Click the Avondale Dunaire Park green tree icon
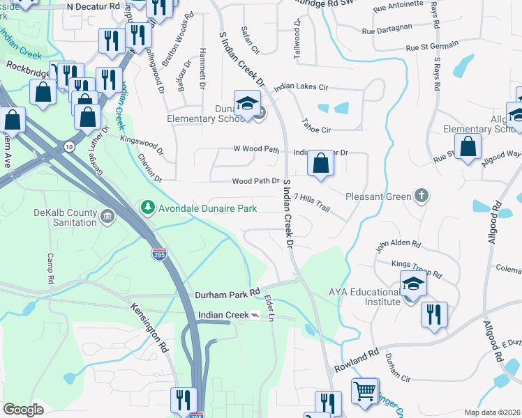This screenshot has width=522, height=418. point(147,208)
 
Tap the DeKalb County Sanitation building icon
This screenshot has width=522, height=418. point(107,217)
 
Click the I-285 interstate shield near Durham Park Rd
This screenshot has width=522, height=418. point(159,254)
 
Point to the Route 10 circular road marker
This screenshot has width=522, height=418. point(68,146)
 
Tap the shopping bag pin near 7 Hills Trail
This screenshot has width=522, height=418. point(320,163)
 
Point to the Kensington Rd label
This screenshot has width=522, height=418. point(149,325)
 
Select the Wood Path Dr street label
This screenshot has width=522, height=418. point(255,181)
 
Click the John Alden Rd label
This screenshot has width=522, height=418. point(398,245)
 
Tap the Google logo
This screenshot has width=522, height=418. point(23,410)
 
